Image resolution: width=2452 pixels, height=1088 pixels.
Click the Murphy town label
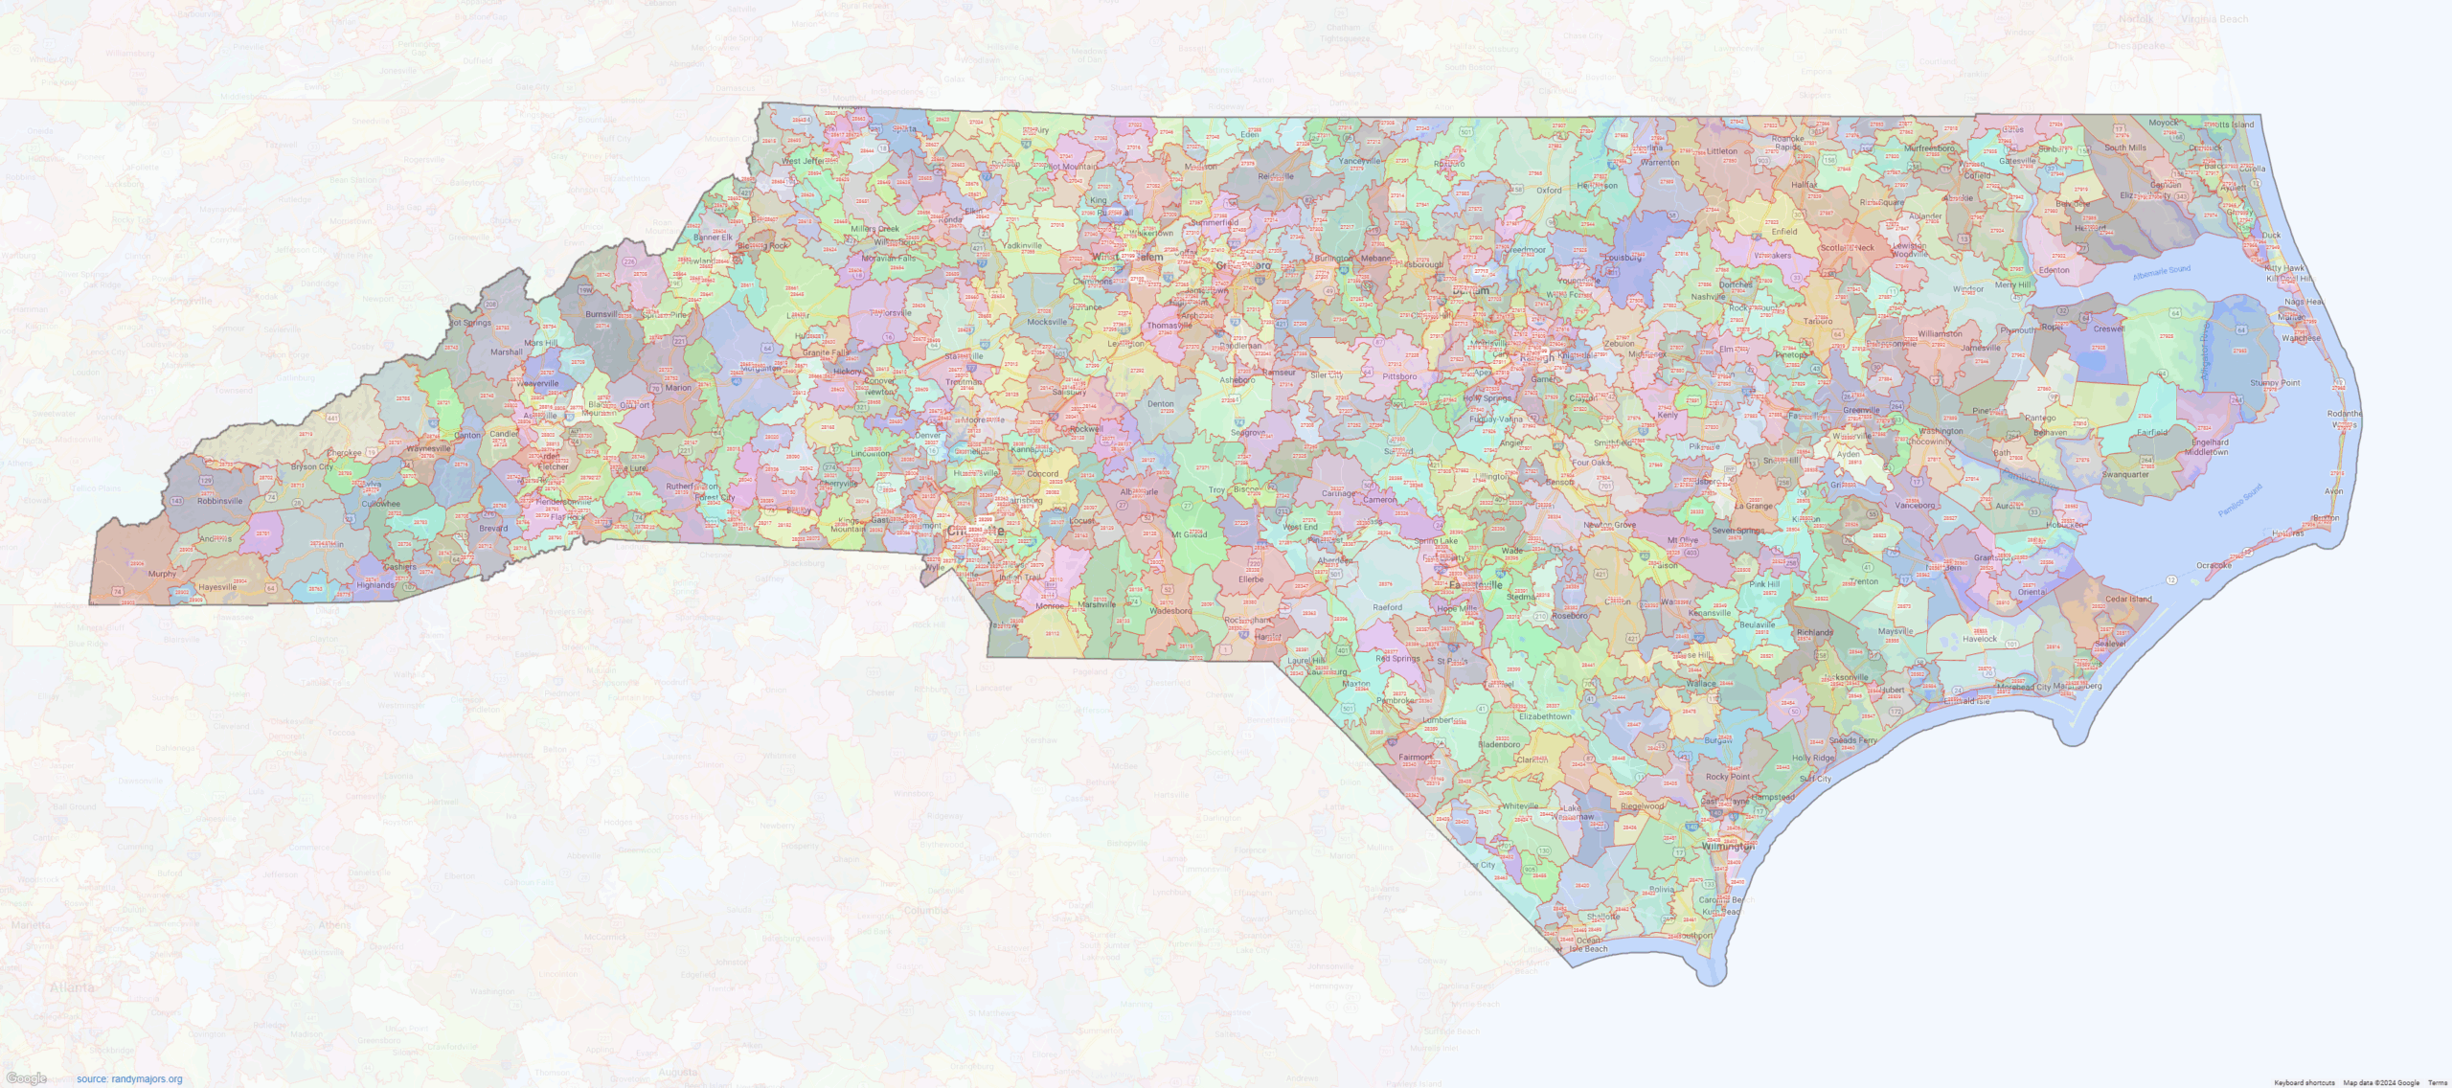point(162,574)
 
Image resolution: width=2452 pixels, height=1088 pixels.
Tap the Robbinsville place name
point(220,501)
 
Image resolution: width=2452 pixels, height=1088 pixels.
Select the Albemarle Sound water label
point(2161,274)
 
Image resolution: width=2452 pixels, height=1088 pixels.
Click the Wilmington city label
point(1728,847)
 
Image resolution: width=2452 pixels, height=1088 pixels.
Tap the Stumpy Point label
point(2275,383)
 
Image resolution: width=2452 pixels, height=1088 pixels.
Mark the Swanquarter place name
point(2125,474)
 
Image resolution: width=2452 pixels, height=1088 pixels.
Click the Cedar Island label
point(2128,599)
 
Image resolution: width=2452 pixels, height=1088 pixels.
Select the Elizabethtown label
point(1545,715)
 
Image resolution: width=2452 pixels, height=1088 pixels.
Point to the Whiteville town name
point(1520,806)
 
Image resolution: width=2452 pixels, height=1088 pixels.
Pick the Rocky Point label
point(1728,777)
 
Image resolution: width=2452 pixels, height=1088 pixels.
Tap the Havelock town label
point(1980,639)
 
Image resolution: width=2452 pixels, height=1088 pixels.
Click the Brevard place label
point(493,528)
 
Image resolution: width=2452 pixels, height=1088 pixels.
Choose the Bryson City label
point(312,467)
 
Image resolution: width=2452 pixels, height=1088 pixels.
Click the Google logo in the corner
point(26,1078)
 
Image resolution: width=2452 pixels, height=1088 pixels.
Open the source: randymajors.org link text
point(129,1079)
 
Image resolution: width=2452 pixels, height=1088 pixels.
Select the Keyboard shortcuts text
point(2304,1082)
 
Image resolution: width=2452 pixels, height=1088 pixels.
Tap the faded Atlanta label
point(72,987)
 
